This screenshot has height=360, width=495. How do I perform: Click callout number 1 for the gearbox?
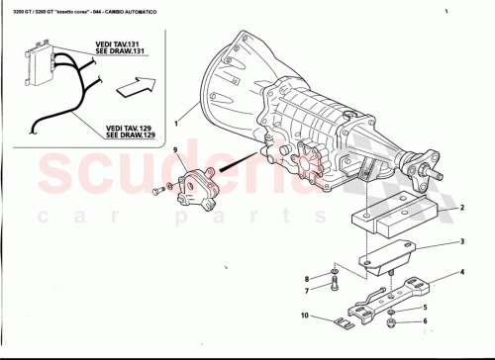tap(177, 123)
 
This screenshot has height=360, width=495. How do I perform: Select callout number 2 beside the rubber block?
tap(461, 209)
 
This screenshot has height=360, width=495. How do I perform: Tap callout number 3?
tap(461, 242)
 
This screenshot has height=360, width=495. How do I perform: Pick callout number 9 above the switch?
tap(175, 151)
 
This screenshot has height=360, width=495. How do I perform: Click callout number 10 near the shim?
tap(305, 316)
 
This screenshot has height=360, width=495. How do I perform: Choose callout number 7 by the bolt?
tap(307, 291)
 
